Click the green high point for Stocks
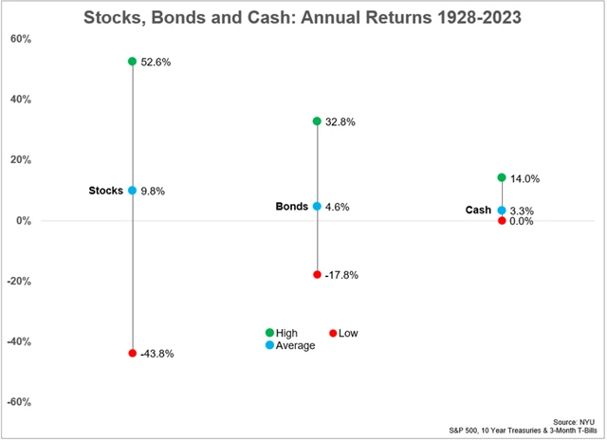point(133,61)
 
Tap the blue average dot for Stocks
point(133,191)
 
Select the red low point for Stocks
point(133,353)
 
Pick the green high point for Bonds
point(317,121)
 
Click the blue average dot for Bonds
point(317,206)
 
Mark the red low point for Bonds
point(317,274)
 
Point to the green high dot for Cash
point(501,177)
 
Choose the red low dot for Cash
point(501,221)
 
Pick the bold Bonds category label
point(291,206)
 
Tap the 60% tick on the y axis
point(20,39)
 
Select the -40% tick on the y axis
point(18,341)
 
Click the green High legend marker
point(269,333)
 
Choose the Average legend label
point(296,345)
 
